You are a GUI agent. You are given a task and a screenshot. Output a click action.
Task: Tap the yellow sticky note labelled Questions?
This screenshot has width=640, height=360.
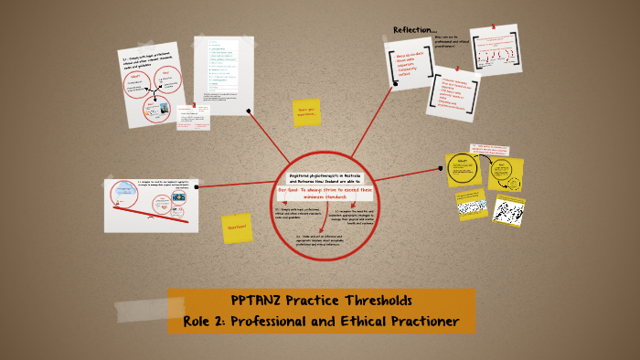[x=237, y=228]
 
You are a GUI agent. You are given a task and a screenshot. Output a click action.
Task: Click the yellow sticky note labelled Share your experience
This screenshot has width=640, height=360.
[x=305, y=112]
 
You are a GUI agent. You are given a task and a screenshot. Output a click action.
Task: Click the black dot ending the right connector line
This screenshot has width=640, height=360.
[x=442, y=168]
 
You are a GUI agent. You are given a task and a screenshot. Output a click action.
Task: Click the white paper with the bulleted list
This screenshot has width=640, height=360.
[x=223, y=74]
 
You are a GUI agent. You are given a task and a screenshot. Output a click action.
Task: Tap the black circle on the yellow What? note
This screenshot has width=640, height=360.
[x=462, y=165]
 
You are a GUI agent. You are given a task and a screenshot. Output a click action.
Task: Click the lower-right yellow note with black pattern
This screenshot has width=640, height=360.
[x=507, y=209]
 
